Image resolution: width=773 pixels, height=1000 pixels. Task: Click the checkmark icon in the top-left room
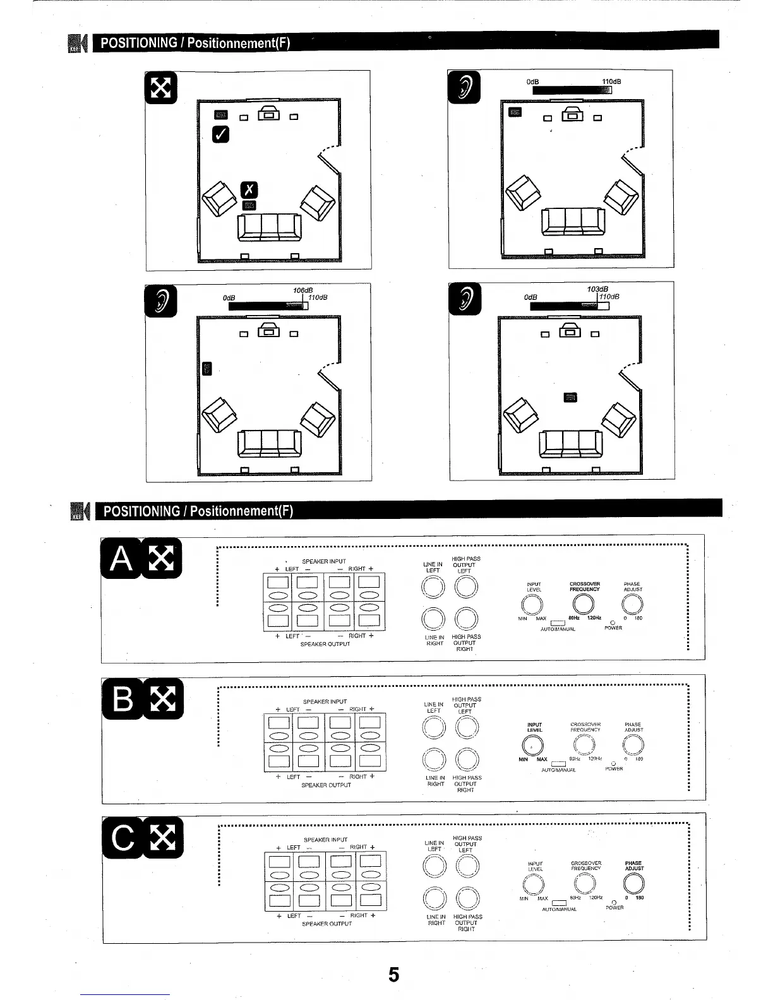[x=220, y=133]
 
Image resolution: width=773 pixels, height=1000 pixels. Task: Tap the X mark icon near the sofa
[x=250, y=189]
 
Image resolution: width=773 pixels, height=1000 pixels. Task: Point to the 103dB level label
[x=597, y=289]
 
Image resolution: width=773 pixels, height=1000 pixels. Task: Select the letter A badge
[x=123, y=559]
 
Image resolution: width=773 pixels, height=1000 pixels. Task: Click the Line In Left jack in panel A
[x=433, y=588]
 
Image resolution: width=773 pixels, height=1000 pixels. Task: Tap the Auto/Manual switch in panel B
[x=558, y=764]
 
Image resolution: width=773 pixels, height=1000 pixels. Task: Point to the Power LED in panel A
[x=613, y=622]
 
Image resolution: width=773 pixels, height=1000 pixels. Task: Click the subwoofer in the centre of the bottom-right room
[x=570, y=396]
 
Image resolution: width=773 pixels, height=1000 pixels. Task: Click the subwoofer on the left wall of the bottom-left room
[x=207, y=368]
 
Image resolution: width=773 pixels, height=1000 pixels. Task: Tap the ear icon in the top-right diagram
[x=464, y=88]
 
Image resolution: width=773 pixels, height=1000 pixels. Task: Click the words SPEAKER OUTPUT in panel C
[x=327, y=924]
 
